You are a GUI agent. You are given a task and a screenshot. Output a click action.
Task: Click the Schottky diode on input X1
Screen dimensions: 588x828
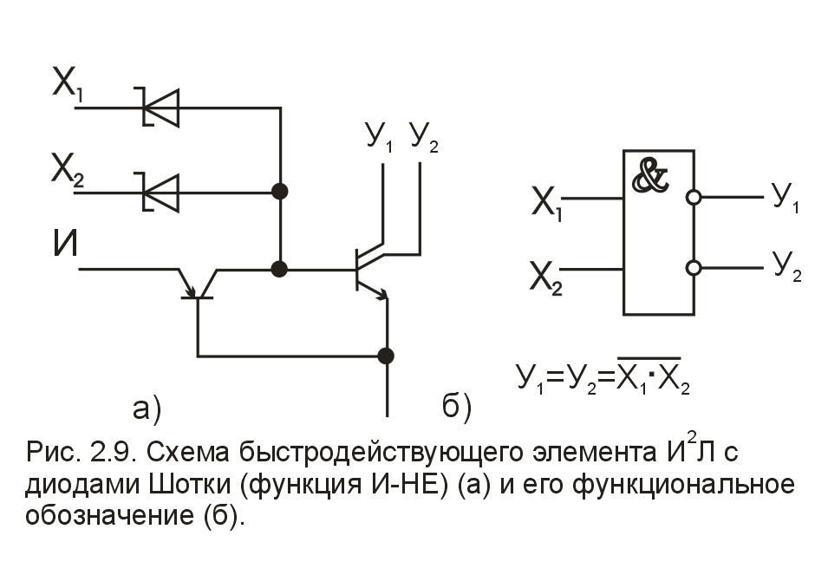coord(160,108)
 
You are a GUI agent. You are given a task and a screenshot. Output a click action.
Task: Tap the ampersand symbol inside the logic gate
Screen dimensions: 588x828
coord(651,177)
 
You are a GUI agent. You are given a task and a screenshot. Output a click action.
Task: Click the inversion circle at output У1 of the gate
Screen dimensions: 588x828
coord(693,198)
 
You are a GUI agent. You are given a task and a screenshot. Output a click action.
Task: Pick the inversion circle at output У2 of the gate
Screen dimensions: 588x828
coord(693,267)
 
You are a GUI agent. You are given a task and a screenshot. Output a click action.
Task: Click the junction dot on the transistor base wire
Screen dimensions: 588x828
coord(280,270)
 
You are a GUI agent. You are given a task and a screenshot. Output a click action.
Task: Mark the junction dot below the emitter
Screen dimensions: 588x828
coord(387,356)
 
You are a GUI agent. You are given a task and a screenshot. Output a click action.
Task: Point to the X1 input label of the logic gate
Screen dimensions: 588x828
coord(548,206)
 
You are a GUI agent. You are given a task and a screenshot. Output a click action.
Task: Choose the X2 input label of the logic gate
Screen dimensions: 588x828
coord(548,279)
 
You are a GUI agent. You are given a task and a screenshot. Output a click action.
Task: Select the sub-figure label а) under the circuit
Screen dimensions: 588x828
coord(147,407)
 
